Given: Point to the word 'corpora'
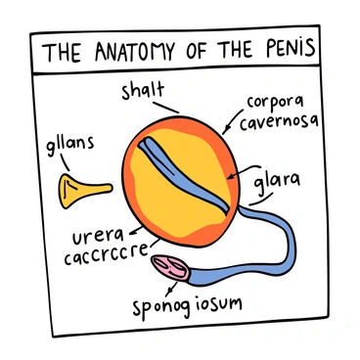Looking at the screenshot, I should pos(276,100).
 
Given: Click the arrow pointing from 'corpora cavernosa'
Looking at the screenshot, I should pos(232,120).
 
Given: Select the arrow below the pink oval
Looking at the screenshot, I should pos(175,287).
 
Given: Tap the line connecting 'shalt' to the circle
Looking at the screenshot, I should pos(168,105).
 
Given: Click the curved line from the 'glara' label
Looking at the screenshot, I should pos(257,200).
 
